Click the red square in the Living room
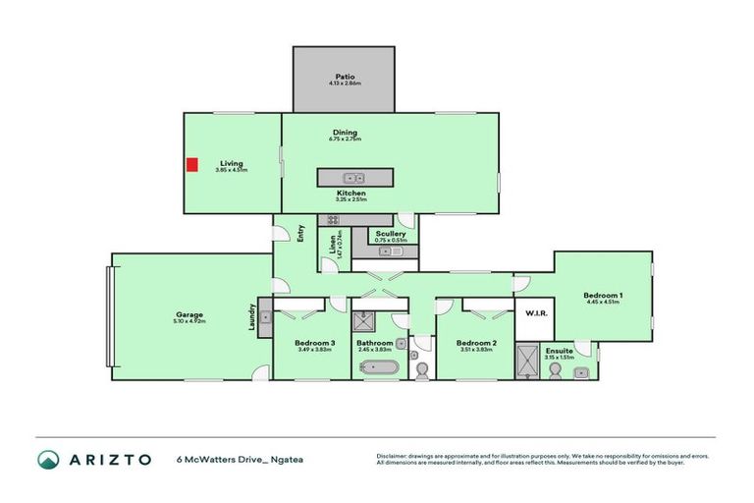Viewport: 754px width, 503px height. [x=192, y=164]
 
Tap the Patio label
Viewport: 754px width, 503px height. [x=344, y=76]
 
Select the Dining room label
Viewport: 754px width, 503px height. [x=344, y=133]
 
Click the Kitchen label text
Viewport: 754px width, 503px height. [x=351, y=194]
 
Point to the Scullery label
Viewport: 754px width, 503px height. [x=390, y=234]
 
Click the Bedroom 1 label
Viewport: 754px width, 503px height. [x=603, y=296]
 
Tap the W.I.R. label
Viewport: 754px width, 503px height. [x=536, y=314]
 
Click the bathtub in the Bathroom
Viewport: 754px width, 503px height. [x=379, y=369]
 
